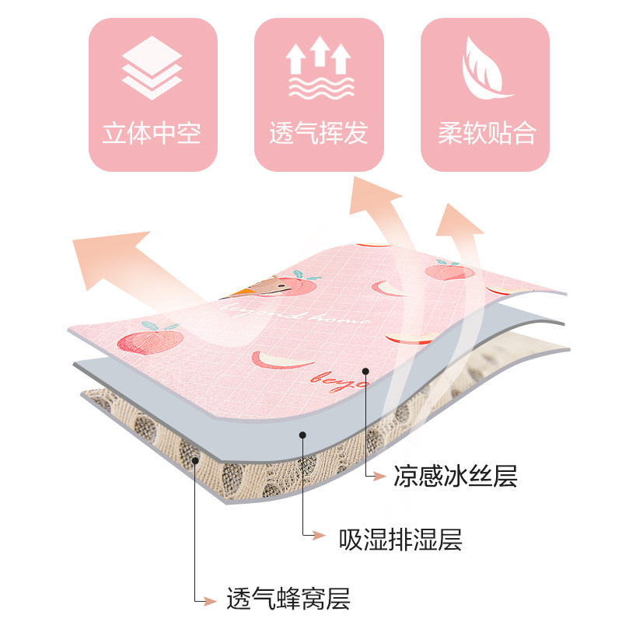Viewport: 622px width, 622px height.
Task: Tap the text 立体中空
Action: point(152,133)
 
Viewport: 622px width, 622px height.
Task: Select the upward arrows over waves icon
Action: point(319,69)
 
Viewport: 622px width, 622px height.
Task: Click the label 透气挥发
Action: point(319,133)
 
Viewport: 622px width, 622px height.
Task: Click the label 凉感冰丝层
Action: point(456,475)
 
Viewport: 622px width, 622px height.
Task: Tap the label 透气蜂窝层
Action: point(288,599)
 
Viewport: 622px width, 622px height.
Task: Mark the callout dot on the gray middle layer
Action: point(302,436)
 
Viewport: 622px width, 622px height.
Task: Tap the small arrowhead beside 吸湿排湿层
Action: point(317,535)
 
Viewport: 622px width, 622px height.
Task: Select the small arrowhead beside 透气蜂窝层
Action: point(208,599)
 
